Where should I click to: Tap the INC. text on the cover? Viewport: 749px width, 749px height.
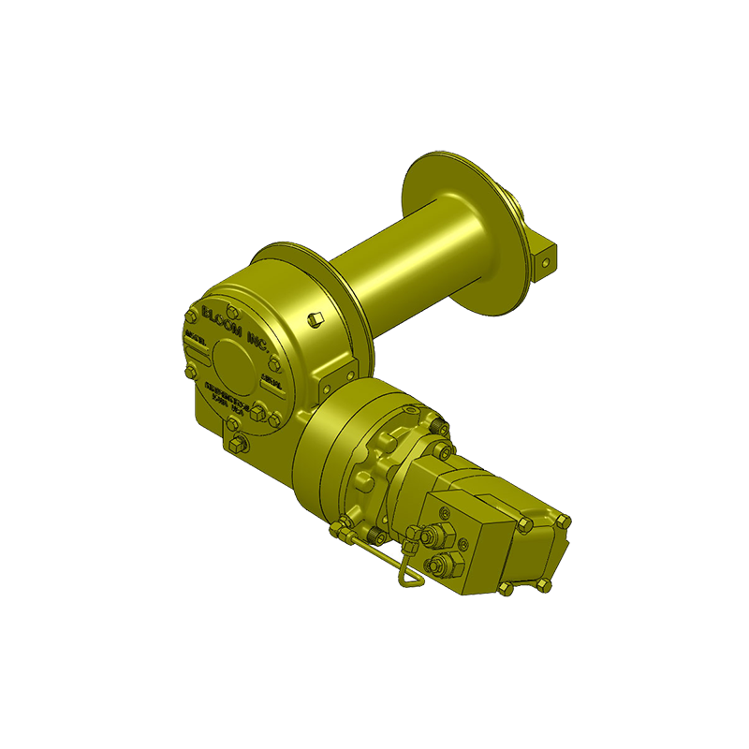[259, 340]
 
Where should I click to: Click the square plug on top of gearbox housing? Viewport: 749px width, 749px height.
[316, 319]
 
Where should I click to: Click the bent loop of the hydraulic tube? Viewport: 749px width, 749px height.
[405, 578]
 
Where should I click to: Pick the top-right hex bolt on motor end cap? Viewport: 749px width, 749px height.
[563, 521]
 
